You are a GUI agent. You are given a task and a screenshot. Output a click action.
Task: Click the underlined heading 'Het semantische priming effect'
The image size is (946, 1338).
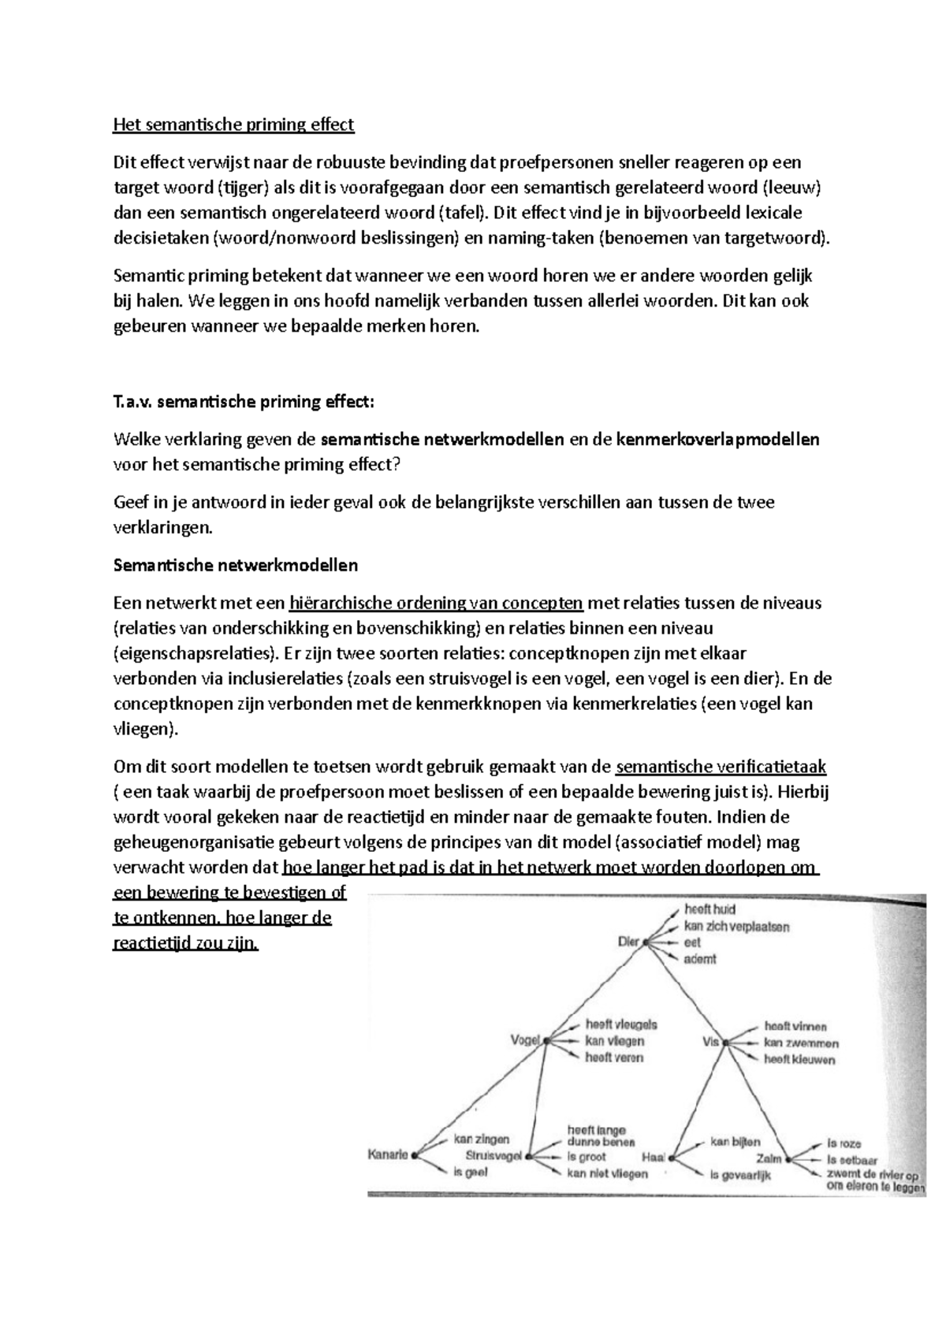click(234, 125)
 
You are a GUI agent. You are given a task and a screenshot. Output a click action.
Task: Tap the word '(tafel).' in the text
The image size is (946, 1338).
click(462, 213)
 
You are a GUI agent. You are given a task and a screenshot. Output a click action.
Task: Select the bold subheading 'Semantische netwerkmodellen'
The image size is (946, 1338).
click(236, 565)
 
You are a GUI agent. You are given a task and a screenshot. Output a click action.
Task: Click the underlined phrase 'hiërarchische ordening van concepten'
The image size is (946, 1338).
click(436, 604)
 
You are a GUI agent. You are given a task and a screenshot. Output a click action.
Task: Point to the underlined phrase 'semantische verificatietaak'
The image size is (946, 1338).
click(721, 767)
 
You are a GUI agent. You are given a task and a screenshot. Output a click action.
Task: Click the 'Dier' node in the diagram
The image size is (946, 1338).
click(628, 941)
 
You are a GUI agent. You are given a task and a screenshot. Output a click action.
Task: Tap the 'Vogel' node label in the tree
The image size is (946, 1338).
click(526, 1039)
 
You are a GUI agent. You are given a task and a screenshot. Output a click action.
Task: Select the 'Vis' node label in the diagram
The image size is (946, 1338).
click(711, 1041)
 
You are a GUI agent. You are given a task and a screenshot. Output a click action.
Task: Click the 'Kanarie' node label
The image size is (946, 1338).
click(388, 1155)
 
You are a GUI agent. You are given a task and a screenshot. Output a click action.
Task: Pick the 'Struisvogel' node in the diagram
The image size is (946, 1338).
click(493, 1156)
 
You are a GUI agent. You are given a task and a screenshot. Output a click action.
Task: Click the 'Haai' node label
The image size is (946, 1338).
click(654, 1158)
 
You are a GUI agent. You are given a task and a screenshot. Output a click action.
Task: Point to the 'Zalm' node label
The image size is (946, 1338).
click(769, 1158)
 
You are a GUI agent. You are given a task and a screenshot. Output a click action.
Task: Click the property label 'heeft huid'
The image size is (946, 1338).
click(709, 909)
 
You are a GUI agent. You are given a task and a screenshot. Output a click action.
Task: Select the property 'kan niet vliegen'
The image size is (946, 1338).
click(607, 1174)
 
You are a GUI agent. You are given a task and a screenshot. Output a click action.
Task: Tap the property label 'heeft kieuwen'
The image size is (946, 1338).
click(799, 1059)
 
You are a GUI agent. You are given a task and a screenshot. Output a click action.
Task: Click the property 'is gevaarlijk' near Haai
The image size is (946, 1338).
click(739, 1176)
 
